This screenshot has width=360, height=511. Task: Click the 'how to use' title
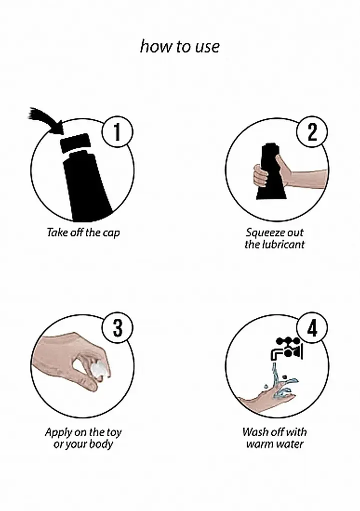tap(180, 46)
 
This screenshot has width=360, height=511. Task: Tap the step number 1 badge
tap(117, 132)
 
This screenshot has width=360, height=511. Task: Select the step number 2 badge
tap(312, 132)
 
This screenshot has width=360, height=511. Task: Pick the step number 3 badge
tap(117, 328)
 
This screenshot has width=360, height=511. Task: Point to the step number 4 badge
tap(312, 328)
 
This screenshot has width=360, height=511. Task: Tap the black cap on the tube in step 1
tap(75, 143)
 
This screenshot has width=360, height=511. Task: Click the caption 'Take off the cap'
tap(83, 233)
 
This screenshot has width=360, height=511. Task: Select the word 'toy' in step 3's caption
tap(114, 433)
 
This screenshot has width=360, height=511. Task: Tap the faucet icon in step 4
tap(287, 348)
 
